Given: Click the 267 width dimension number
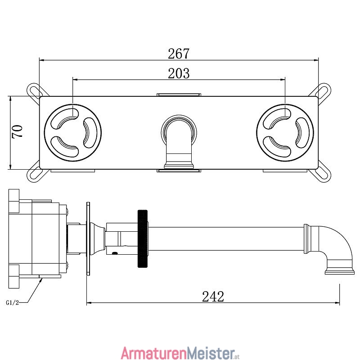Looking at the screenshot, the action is click(179, 54).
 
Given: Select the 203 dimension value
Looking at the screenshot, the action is click(179, 73).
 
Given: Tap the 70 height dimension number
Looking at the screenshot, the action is click(18, 131).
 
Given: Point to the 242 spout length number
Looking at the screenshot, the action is click(213, 297).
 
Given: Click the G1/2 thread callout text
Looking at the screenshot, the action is click(13, 302).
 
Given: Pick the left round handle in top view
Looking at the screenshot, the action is click(73, 133).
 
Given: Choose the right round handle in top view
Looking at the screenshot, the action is click(285, 133).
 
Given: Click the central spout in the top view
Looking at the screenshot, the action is click(179, 142).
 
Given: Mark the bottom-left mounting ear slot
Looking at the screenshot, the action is click(35, 175).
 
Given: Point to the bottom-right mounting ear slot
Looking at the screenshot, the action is click(323, 175).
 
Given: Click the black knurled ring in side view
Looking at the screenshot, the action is click(143, 238).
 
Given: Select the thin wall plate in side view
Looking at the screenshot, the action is click(88, 238).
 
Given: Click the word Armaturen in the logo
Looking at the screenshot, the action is click(154, 353).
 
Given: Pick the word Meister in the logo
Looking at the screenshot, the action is click(211, 353).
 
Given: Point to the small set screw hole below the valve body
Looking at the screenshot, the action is click(114, 253).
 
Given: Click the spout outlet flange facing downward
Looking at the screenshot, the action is click(340, 272).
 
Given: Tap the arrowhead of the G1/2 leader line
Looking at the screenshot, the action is click(40, 279).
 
